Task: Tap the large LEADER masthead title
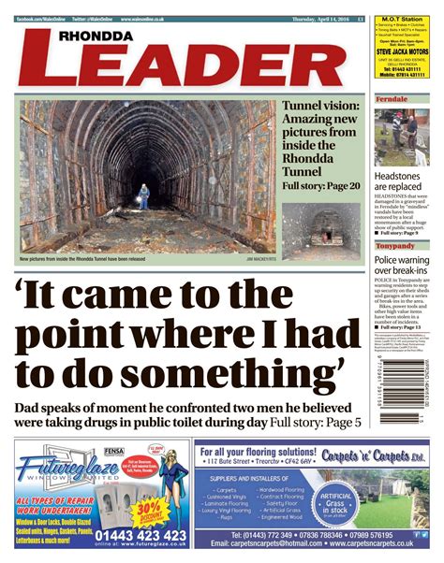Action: pyautogui.click(x=174, y=65)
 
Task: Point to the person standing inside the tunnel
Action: pyautogui.click(x=143, y=195)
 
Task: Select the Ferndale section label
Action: pyautogui.click(x=392, y=98)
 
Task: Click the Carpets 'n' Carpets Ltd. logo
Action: pyautogui.click(x=384, y=455)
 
